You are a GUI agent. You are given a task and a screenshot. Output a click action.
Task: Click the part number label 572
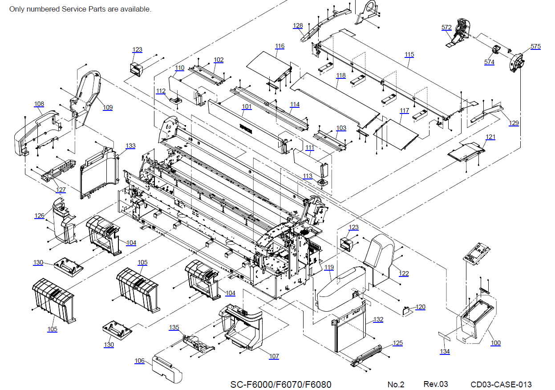click(446, 27)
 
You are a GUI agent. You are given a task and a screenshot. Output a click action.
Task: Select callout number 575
click(535, 46)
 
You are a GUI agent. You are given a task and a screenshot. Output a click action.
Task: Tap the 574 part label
click(489, 62)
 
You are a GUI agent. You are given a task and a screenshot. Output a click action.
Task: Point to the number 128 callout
click(298, 25)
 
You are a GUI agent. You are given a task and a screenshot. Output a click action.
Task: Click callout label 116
click(280, 46)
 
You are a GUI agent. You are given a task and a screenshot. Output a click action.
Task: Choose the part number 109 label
click(108, 107)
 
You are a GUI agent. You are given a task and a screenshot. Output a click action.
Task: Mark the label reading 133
click(130, 146)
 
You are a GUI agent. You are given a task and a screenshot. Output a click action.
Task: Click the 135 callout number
click(174, 327)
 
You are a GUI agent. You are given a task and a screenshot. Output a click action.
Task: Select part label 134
click(445, 351)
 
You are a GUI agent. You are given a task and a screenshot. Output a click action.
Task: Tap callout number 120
click(421, 307)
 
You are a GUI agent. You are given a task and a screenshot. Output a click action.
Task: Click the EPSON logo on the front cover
click(246, 128)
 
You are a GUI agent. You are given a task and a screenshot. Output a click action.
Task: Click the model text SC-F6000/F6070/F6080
click(281, 384)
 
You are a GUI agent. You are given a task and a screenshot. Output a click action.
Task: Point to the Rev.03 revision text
click(436, 384)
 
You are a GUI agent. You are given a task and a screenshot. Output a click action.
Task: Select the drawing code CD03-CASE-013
click(501, 384)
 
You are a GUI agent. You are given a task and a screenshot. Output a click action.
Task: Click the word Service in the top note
click(72, 9)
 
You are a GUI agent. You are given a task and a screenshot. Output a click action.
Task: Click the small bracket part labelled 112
click(176, 100)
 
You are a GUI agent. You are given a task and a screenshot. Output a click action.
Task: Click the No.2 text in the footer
click(396, 384)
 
